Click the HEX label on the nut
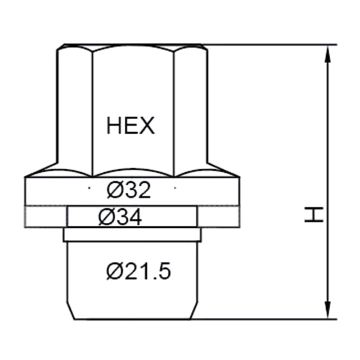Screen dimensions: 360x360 (x=130, y=126)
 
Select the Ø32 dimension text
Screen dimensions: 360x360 (x=129, y=190)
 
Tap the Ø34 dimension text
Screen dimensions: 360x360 (x=120, y=217)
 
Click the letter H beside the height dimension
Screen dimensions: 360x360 (x=314, y=215)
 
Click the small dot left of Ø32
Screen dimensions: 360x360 (x=89, y=188)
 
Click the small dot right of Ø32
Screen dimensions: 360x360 (x=175, y=188)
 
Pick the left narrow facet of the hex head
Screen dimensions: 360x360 (x=75, y=110)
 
